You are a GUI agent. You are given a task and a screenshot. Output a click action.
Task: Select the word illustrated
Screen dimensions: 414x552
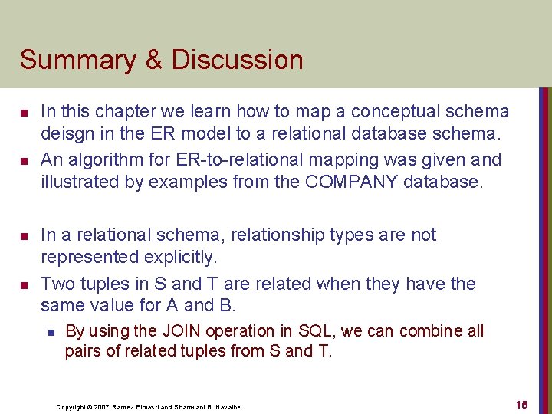tap(82, 182)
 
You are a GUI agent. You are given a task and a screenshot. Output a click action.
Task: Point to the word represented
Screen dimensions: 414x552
tap(92, 257)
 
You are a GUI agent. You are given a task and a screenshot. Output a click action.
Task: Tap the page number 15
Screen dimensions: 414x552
tap(521, 404)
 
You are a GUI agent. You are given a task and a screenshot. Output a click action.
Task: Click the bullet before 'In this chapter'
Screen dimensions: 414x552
tap(24, 113)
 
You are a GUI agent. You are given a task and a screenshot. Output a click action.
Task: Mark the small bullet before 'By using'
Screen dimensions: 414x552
tap(48, 332)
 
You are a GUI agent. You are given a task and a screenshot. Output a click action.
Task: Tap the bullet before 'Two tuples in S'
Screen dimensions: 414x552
tap(24, 285)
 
